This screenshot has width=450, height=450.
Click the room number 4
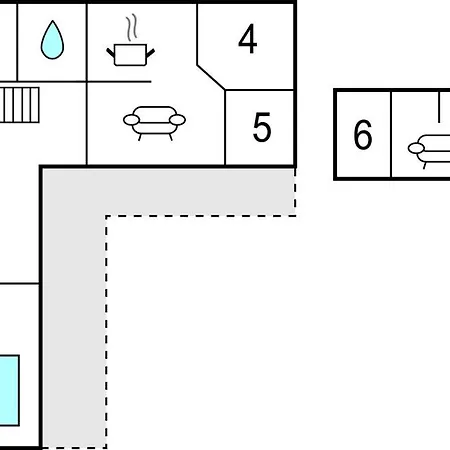[248, 39]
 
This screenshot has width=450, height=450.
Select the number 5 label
[262, 127]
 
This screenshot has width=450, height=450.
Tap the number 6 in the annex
[363, 134]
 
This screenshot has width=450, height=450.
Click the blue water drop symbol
[52, 40]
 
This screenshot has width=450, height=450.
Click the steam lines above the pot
[132, 27]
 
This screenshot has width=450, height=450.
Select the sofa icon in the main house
[154, 123]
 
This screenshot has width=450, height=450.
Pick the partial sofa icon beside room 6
[429, 151]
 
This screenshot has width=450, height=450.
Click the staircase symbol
[20, 105]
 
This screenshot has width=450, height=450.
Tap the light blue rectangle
[9, 390]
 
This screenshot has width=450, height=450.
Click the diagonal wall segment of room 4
[211, 77]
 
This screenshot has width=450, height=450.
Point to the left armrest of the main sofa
[131, 120]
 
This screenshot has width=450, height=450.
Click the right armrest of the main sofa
[177, 120]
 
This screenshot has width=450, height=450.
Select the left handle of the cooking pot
[111, 53]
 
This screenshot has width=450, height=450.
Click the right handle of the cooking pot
[150, 53]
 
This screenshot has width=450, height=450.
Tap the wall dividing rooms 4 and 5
[259, 90]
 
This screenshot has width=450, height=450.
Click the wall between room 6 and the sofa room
[391, 134]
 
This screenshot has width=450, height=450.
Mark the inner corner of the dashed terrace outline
[106, 216]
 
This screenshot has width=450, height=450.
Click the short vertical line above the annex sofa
[439, 107]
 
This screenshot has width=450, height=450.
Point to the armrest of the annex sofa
[416, 148]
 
